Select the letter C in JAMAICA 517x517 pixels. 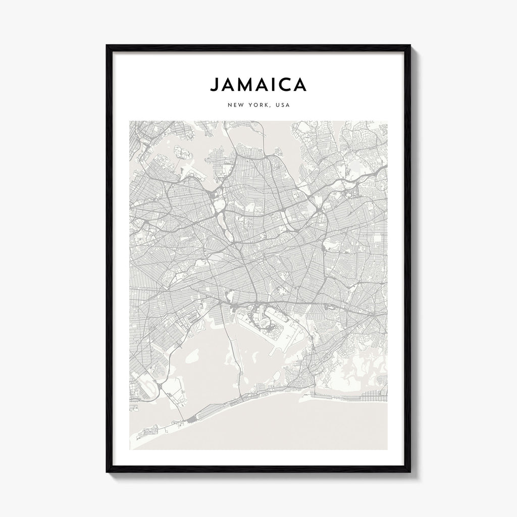click(285, 85)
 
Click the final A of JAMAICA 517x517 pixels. click(300, 85)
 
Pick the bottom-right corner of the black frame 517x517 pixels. click(409, 472)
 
